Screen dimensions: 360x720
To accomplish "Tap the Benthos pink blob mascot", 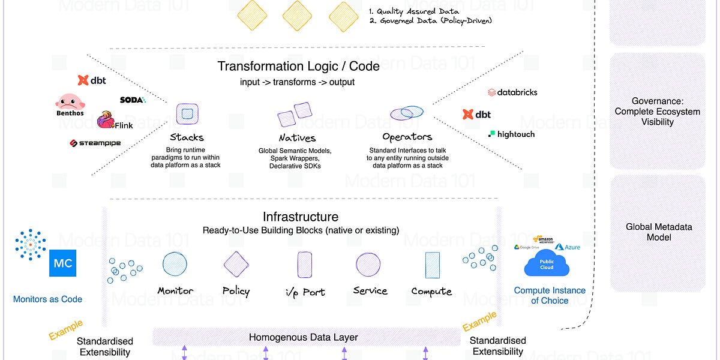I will tap(70, 102).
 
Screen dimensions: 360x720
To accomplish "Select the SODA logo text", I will tap(133, 100).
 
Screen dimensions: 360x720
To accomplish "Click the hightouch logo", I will tap(511, 134).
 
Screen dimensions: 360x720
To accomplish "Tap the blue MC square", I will tap(63, 263).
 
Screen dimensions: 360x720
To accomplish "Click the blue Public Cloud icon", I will tap(546, 262).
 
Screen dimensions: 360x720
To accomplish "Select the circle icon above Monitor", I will tap(175, 263).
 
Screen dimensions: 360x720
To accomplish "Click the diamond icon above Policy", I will tap(236, 263).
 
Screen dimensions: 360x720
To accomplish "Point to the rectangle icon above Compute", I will tap(432, 264).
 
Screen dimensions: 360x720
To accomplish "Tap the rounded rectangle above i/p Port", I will tap(304, 264).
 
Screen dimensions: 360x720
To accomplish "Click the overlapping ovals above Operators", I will tap(407, 113).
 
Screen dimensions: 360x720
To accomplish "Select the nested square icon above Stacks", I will tap(187, 113).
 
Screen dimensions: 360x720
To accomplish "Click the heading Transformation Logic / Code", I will tap(298, 66).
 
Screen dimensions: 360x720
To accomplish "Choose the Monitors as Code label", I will tap(47, 299).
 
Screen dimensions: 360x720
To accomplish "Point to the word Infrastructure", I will tap(300, 217).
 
